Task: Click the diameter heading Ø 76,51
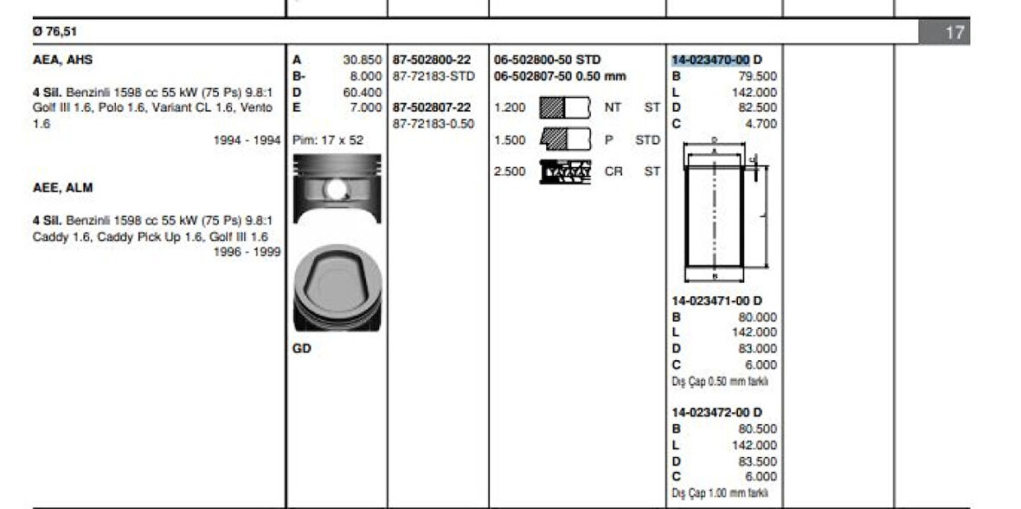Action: tap(55, 31)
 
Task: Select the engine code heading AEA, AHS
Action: tap(62, 60)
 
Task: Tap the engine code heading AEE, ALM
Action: tap(62, 188)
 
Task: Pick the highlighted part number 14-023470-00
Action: tap(710, 60)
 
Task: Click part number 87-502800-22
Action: tap(432, 60)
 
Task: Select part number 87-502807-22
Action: tap(432, 107)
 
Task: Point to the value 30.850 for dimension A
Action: tap(362, 60)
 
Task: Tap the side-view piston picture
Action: tap(337, 189)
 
